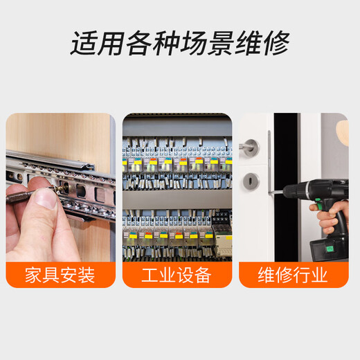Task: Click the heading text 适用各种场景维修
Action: click(x=179, y=43)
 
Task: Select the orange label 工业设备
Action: click(x=176, y=275)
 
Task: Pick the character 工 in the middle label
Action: click(x=150, y=275)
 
